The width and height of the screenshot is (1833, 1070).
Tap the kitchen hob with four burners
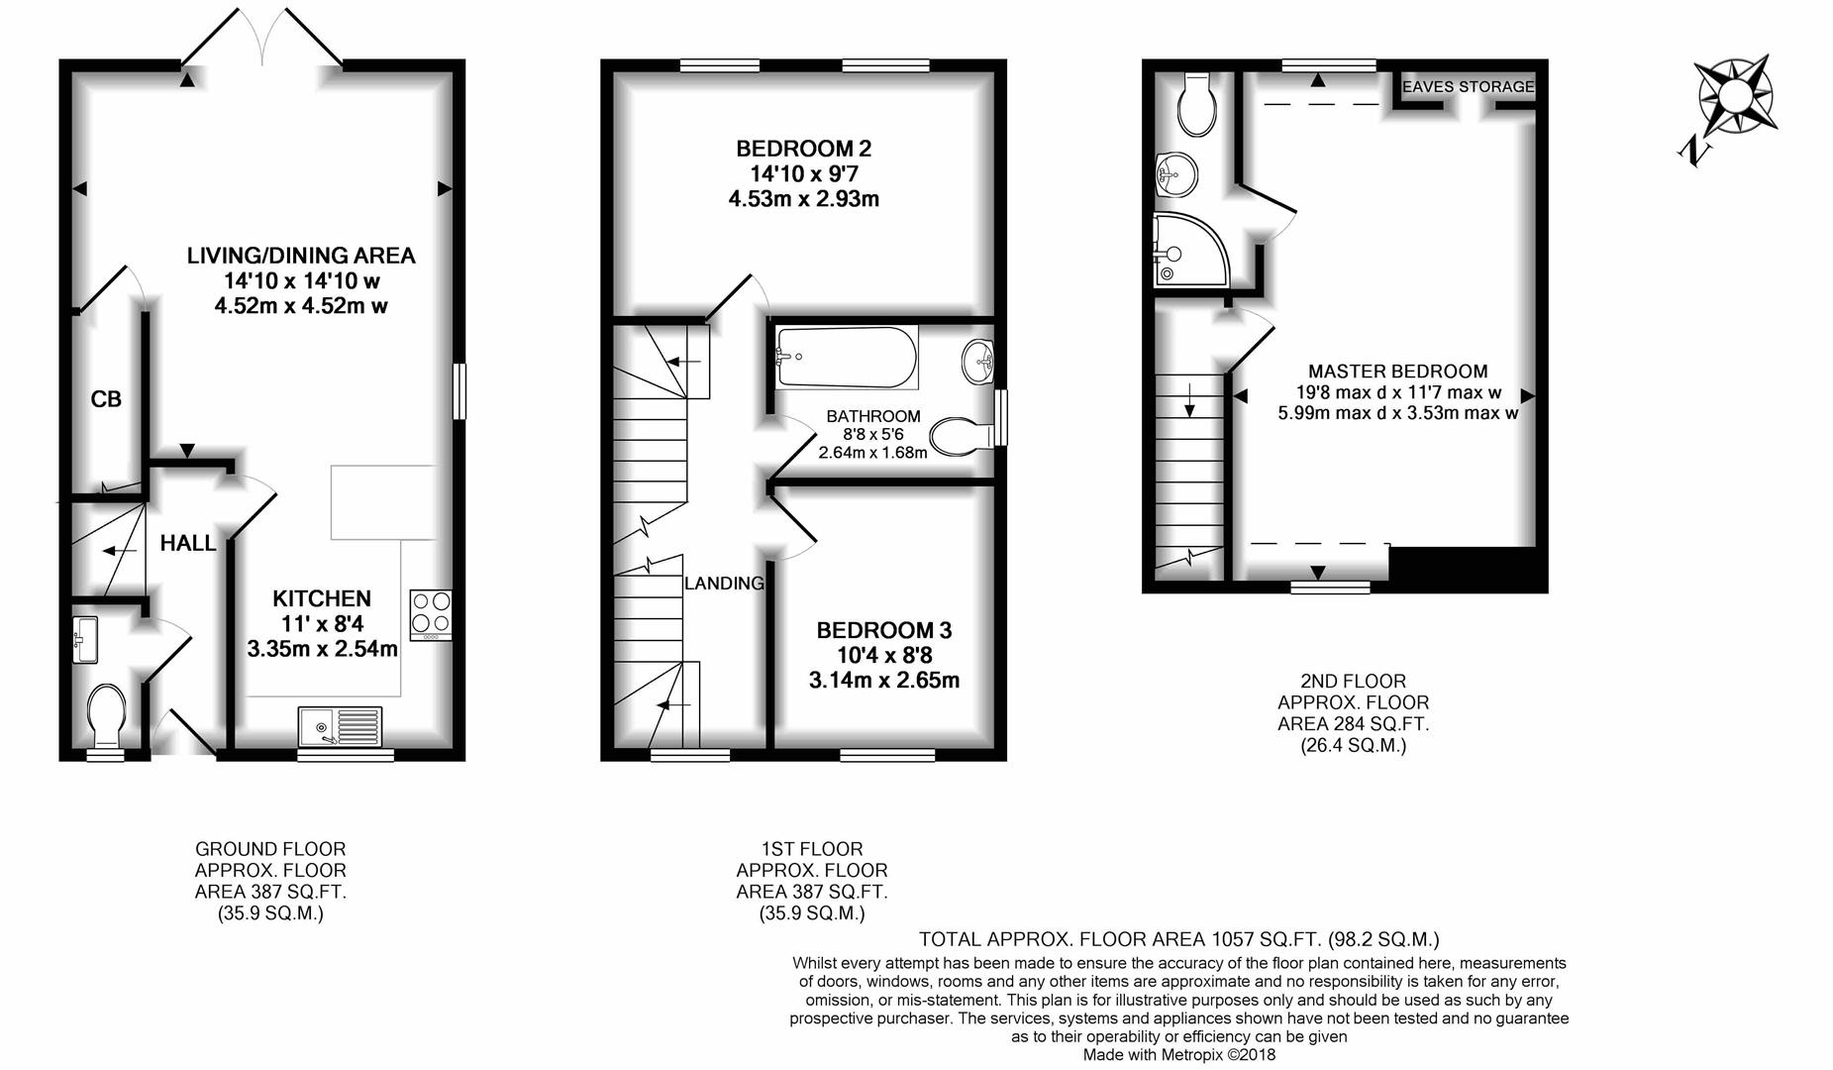tap(431, 615)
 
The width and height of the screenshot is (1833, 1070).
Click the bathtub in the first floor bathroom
tap(847, 358)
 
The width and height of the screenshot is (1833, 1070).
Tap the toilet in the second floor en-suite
tap(1198, 104)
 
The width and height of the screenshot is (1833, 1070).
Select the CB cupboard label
tap(106, 399)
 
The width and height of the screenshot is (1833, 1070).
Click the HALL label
tap(188, 543)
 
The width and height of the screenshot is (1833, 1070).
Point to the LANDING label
tap(725, 584)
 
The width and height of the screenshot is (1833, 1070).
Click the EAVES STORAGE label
tap(1469, 87)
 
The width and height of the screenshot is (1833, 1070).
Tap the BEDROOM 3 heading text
tap(884, 630)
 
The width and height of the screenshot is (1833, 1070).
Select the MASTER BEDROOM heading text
tap(1398, 372)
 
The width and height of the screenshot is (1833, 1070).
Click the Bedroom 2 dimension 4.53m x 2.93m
tap(804, 199)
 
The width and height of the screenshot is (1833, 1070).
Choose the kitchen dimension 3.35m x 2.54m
tap(323, 650)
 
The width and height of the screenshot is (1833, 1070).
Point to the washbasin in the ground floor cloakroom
tap(84, 639)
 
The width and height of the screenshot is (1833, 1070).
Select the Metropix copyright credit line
tap(1179, 1055)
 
